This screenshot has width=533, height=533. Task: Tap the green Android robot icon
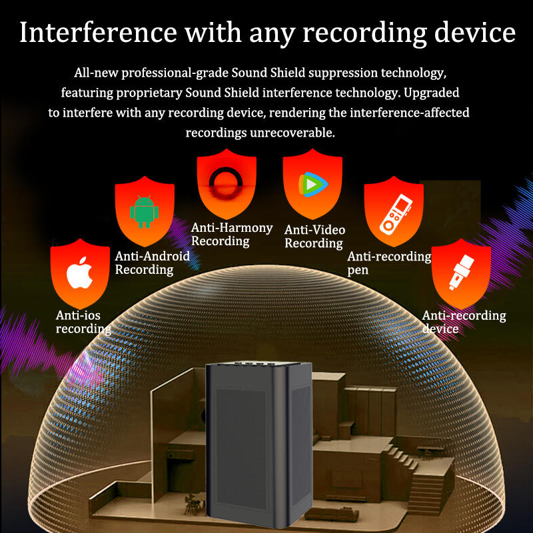[x=144, y=211]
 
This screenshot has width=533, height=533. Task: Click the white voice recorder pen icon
[x=393, y=213]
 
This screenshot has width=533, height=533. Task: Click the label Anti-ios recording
[x=83, y=322]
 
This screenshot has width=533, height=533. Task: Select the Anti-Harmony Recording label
[x=232, y=235]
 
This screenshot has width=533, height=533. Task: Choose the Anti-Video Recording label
[x=314, y=236]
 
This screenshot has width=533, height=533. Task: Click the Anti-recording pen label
[x=389, y=263]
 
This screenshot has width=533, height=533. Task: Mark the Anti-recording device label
[x=464, y=322]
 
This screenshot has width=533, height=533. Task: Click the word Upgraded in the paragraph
[x=432, y=91]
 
